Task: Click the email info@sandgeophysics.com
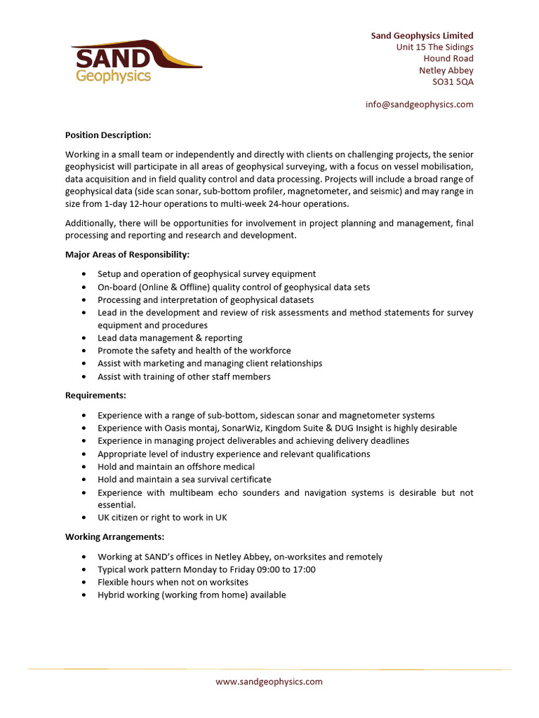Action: tap(419, 104)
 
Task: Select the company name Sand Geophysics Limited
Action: tap(422, 36)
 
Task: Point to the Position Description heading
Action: tap(108, 135)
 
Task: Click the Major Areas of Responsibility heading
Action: tap(127, 255)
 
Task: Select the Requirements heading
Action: tap(95, 395)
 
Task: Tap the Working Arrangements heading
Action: tap(114, 537)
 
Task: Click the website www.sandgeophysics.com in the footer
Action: tap(269, 682)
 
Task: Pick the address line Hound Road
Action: tap(448, 59)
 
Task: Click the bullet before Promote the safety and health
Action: tap(85, 351)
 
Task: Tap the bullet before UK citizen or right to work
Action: tap(85, 518)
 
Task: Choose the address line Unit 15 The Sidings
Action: tap(434, 47)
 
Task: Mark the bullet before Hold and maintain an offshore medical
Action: tap(85, 467)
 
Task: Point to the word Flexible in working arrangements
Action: tap(113, 583)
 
